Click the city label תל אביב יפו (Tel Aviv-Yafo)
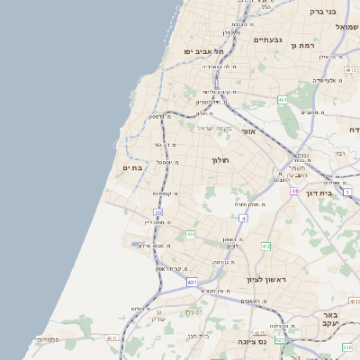[x=202, y=51]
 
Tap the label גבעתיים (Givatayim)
[x=268, y=40]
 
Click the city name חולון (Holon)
[x=221, y=160]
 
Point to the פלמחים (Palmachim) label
[x=47, y=339]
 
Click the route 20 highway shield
[x=158, y=212]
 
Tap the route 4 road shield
[x=243, y=218]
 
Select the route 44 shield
[x=294, y=191]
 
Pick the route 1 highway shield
[x=347, y=193]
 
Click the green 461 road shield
[x=283, y=99]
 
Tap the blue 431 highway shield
[x=192, y=282]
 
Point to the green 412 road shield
[x=265, y=245]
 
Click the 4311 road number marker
[x=112, y=338]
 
